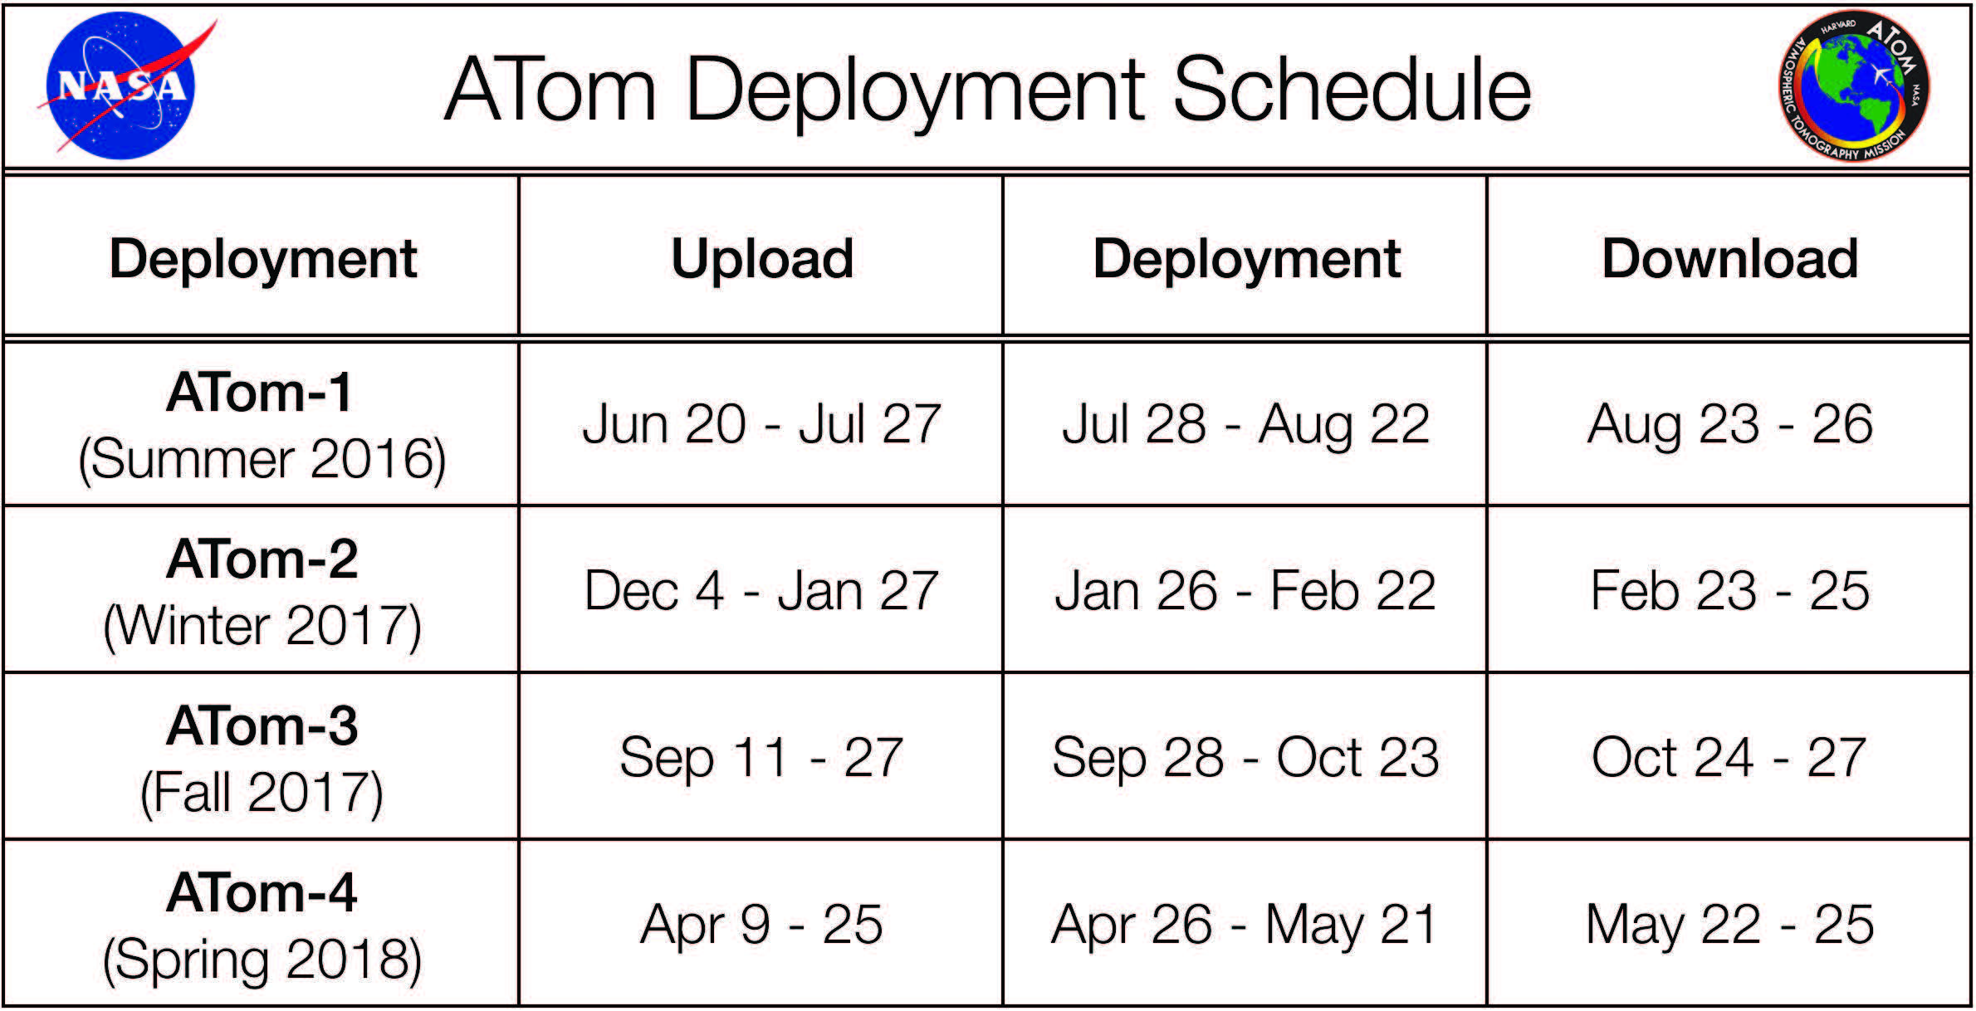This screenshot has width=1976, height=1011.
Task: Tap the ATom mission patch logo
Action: point(1853,85)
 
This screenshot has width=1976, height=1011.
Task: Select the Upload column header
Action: point(762,259)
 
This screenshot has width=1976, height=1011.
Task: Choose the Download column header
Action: point(1730,258)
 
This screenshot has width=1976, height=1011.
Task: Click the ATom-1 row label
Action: point(261,391)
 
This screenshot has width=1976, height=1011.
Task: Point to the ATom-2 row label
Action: point(262,559)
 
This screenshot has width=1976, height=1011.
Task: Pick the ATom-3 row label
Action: point(262,725)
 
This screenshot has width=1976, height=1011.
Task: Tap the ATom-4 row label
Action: point(262,892)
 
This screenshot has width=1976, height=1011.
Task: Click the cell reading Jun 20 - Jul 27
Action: point(761,424)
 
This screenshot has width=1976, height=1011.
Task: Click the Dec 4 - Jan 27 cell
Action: point(761,591)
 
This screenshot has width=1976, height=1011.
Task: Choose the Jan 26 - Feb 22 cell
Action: point(1245,591)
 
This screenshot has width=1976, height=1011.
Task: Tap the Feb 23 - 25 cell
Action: point(1730,591)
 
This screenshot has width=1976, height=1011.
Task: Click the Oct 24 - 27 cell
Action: point(1730,757)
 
